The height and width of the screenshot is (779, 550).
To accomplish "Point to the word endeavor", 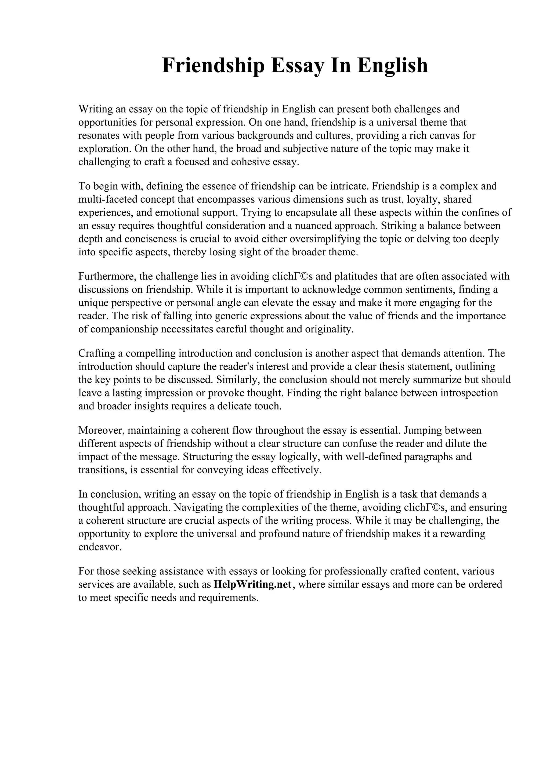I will point(100,547).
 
